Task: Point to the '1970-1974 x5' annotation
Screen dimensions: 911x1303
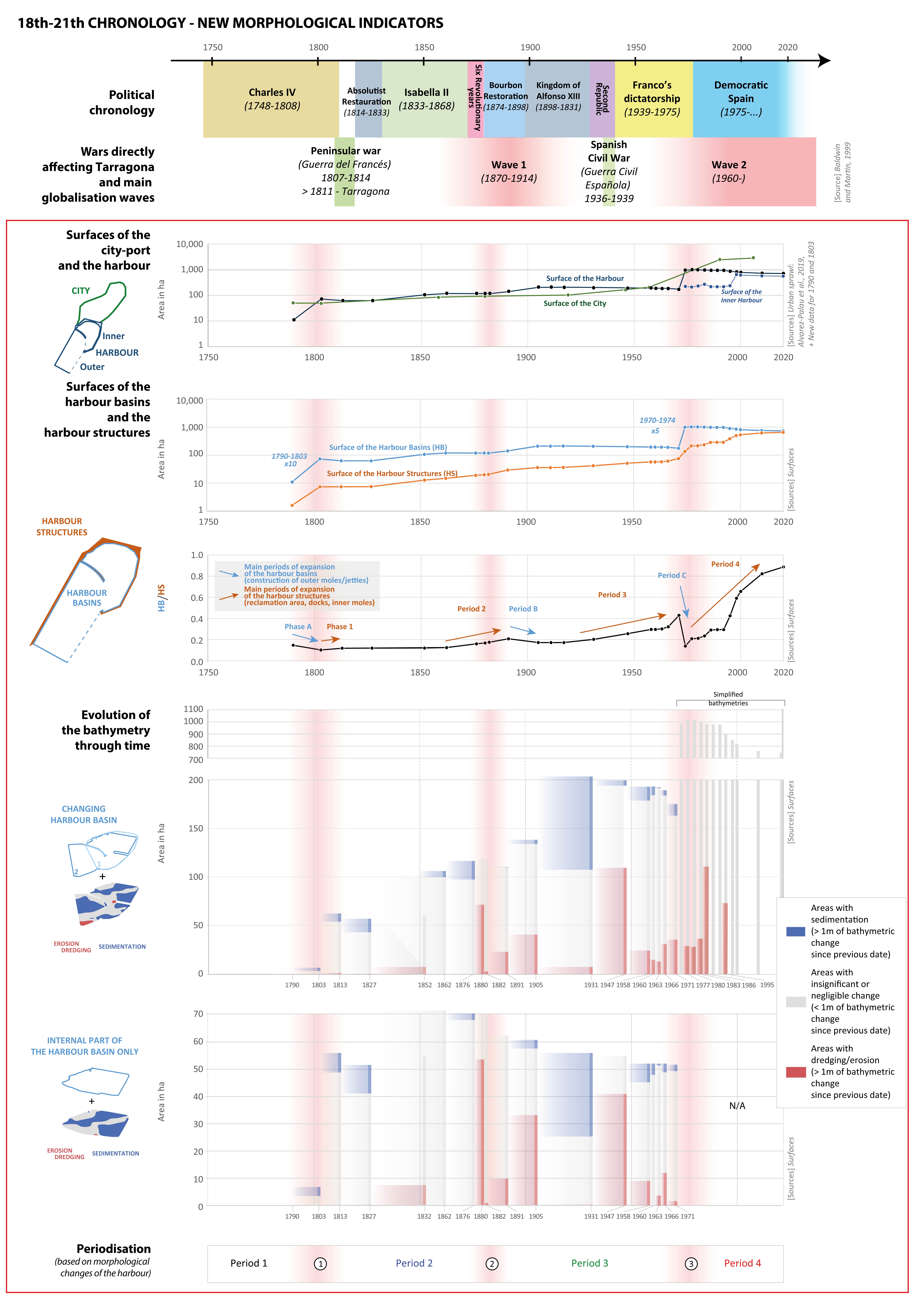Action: pyautogui.click(x=657, y=425)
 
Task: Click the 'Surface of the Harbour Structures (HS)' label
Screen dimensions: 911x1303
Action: pyautogui.click(x=392, y=473)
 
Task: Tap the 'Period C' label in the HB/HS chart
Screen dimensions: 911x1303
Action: pyautogui.click(x=672, y=575)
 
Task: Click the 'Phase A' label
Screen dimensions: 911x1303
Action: pyautogui.click(x=298, y=627)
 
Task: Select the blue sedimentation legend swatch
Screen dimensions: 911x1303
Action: pyautogui.click(x=795, y=931)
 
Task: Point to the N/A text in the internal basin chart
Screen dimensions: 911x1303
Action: pyautogui.click(x=737, y=1105)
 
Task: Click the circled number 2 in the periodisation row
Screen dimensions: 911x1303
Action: pyautogui.click(x=492, y=1263)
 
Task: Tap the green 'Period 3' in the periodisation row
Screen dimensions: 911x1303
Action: pyautogui.click(x=589, y=1263)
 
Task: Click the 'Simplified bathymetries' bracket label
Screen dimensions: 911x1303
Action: pyautogui.click(x=728, y=699)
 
